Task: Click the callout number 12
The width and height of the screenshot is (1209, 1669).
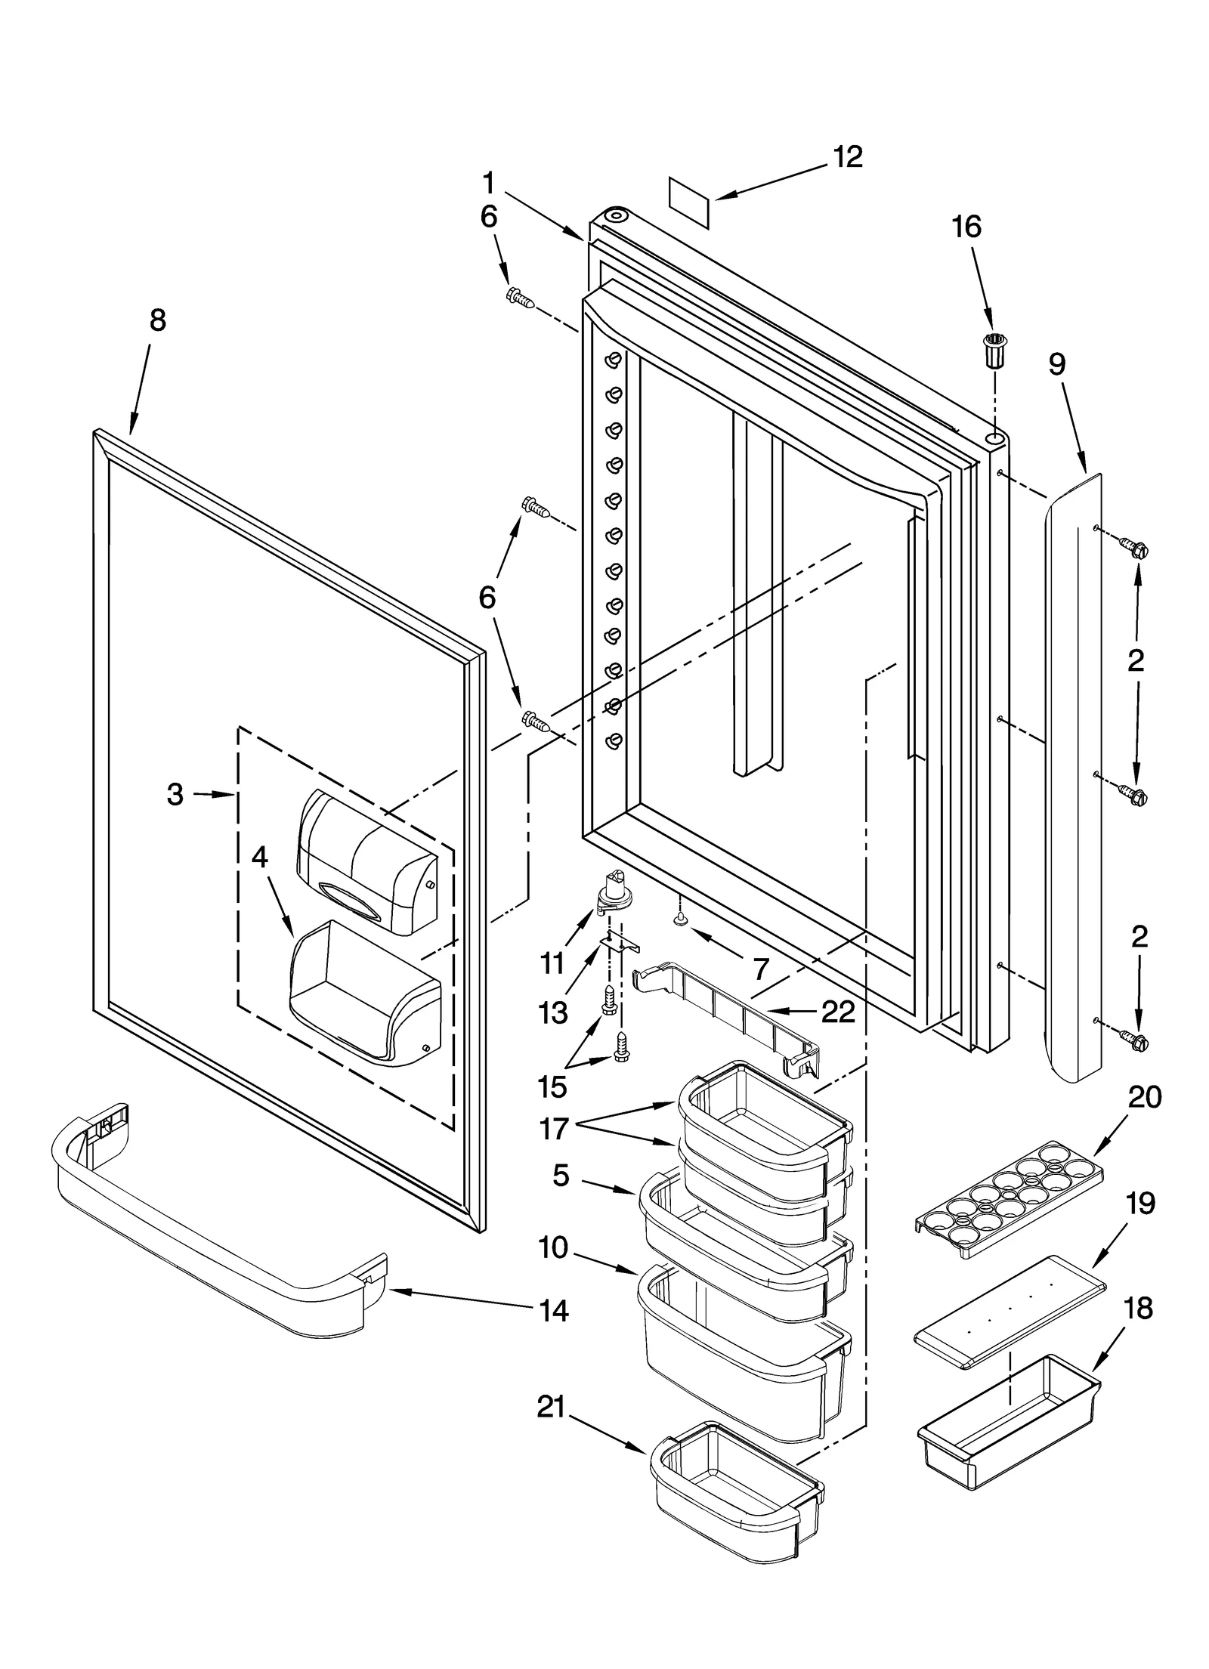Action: pos(847,157)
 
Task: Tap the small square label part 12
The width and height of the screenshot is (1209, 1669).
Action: pos(689,202)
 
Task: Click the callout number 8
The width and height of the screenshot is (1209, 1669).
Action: pos(157,320)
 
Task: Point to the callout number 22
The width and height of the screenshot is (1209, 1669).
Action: pos(837,1012)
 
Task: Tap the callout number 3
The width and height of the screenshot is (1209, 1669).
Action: pos(175,794)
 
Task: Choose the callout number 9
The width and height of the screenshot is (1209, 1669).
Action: pos(1057,365)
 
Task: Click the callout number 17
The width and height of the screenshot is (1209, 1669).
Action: pos(554,1151)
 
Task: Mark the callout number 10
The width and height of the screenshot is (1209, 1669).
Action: pos(554,1248)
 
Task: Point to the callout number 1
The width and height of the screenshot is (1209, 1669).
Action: pos(489,184)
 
